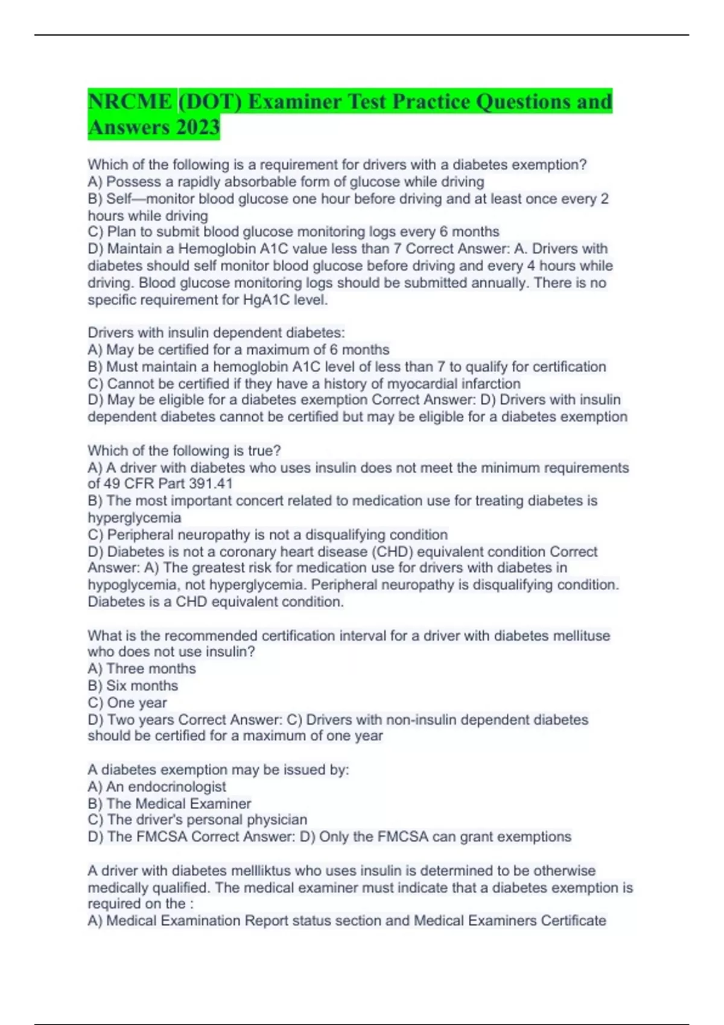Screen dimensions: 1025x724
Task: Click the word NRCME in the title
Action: coord(130,101)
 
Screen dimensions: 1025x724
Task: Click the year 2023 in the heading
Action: coord(198,128)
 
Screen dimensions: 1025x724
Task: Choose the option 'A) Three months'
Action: coord(142,669)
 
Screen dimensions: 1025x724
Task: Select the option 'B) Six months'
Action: coord(133,686)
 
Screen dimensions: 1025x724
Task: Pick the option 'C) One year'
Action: coord(127,702)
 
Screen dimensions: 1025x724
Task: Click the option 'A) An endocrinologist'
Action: coord(157,787)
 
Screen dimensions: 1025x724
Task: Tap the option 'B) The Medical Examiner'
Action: coord(170,804)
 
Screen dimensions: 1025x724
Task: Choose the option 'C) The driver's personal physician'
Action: coord(197,820)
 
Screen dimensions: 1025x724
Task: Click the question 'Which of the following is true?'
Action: coord(184,450)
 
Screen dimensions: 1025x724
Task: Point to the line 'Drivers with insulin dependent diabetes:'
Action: coord(216,333)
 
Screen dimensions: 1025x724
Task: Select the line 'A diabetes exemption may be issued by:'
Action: coord(218,770)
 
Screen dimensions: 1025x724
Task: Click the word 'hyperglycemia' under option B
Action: coord(134,518)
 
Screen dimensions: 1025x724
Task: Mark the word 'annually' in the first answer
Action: coord(498,283)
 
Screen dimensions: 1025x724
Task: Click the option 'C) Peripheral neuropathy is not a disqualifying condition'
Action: coord(268,535)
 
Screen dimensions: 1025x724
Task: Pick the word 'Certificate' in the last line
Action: coord(573,921)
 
